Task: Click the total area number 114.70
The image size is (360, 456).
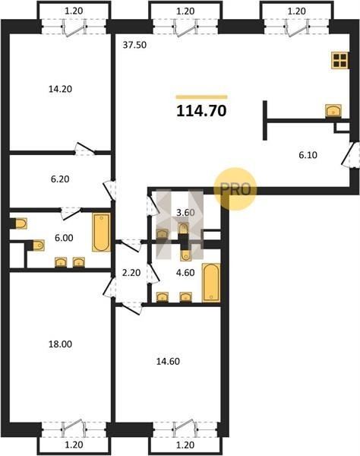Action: [201, 111]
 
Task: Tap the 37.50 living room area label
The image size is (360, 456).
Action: [134, 45]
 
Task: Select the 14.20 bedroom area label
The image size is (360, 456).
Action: [60, 89]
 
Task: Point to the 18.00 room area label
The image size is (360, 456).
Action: [60, 344]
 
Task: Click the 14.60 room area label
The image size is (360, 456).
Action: [168, 361]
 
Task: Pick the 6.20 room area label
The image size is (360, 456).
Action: [60, 179]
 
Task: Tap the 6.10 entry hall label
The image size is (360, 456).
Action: [308, 155]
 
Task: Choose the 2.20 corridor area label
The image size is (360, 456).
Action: [131, 273]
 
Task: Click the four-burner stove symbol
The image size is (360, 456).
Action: [339, 61]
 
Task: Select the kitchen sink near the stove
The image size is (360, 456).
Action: [333, 111]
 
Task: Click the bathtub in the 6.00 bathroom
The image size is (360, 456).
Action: [102, 232]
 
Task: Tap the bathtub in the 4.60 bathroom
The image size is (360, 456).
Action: [211, 283]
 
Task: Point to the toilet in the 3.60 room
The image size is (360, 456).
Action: [183, 228]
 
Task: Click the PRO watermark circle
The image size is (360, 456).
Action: [235, 189]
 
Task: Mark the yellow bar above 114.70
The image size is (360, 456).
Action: [202, 97]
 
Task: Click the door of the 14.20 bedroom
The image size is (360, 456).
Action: [86, 148]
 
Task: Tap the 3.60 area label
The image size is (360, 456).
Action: [185, 213]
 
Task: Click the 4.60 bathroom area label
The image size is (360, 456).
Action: [185, 273]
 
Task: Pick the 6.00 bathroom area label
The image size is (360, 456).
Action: [64, 238]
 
